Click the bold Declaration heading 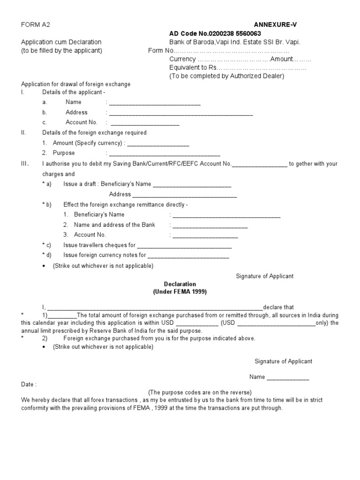[x=180, y=284]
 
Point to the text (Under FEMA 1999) [x=180, y=292]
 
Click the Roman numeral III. [x=25, y=164]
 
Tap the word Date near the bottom [x=28, y=384]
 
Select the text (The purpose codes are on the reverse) [x=200, y=392]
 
